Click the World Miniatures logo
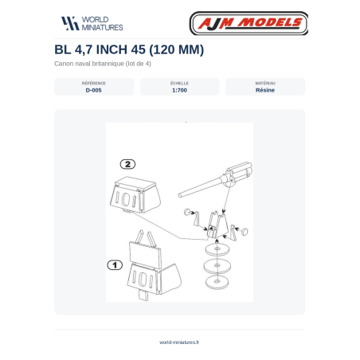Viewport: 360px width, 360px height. (x=92, y=23)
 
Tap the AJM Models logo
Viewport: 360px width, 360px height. (x=248, y=23)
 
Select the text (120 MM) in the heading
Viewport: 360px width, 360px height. (x=177, y=49)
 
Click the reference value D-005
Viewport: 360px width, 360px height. (x=93, y=90)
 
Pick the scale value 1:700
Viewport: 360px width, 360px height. (x=179, y=90)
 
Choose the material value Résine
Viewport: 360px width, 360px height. (x=265, y=90)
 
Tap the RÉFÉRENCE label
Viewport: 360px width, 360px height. (x=93, y=83)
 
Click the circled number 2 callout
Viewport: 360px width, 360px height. (x=127, y=164)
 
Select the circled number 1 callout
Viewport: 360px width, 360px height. (x=115, y=265)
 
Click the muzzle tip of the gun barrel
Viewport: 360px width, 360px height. (x=180, y=196)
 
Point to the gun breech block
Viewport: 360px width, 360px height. (x=238, y=173)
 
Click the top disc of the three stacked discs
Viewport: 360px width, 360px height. (x=217, y=249)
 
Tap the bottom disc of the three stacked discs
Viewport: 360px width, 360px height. (x=217, y=281)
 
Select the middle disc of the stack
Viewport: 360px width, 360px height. (x=217, y=265)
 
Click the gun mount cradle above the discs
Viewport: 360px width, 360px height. (x=217, y=225)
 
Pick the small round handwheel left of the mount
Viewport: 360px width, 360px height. (x=187, y=212)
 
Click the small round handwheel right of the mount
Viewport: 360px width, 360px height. (x=245, y=232)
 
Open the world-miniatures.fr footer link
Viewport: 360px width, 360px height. (x=179, y=342)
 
